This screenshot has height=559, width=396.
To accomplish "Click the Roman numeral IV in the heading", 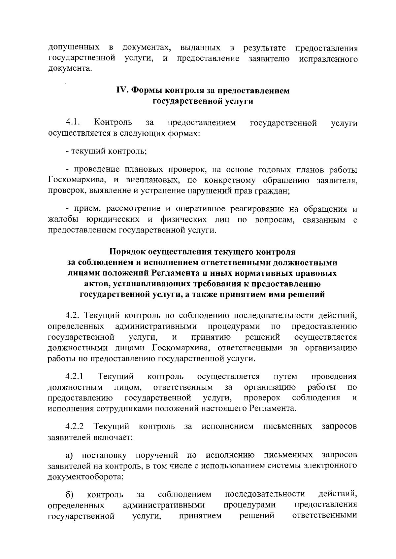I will pos(121,90).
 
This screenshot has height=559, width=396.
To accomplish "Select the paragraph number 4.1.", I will pos(73,123).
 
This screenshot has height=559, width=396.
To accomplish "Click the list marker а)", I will pos(69,455).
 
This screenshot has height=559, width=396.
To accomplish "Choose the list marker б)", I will pos(69,494).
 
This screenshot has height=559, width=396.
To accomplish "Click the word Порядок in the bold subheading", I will pos(127,252).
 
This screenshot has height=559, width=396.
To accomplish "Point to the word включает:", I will pos(114,437).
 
